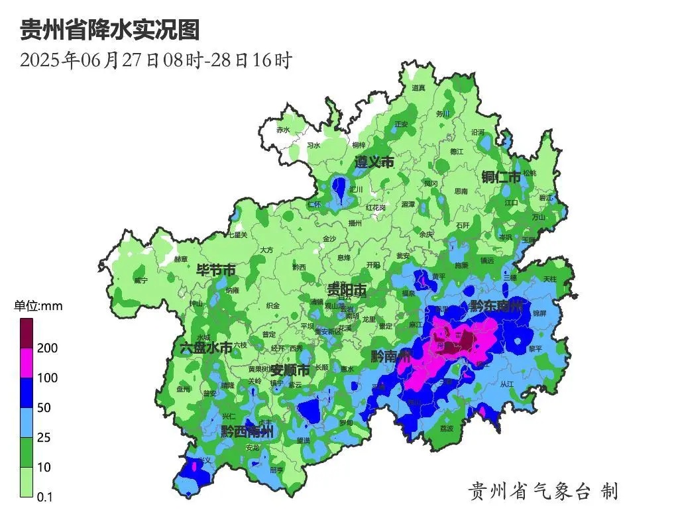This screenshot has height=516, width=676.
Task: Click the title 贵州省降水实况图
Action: click(x=110, y=30)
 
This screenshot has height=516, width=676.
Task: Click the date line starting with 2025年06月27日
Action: click(x=156, y=61)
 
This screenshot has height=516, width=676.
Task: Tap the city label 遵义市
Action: click(x=374, y=162)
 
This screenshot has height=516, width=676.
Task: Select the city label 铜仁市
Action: click(x=502, y=177)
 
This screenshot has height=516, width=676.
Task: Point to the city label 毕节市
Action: click(x=215, y=270)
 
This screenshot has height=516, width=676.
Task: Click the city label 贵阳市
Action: click(x=347, y=290)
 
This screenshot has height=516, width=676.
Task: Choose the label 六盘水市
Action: click(x=207, y=348)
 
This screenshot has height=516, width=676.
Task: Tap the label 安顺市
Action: click(x=290, y=370)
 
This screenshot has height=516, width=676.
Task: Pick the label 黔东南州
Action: click(x=496, y=307)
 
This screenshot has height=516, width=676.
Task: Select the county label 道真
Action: click(x=418, y=87)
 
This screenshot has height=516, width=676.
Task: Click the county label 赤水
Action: click(x=283, y=130)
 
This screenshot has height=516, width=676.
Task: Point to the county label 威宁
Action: click(x=141, y=281)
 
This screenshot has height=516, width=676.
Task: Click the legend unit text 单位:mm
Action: click(x=38, y=306)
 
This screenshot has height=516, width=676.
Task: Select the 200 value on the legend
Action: click(x=49, y=348)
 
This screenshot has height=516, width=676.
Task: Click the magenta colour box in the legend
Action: click(x=27, y=363)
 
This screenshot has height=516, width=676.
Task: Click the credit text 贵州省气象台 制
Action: click(x=543, y=491)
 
